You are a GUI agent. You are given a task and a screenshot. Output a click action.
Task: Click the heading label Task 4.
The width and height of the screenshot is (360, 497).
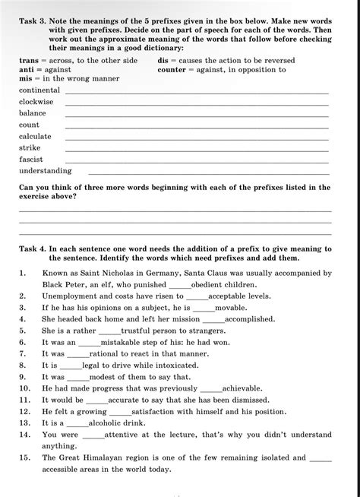click(32, 248)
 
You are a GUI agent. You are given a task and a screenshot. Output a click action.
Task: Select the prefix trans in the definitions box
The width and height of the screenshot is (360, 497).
click(29, 60)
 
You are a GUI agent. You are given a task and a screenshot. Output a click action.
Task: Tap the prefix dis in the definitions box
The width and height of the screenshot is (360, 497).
click(163, 60)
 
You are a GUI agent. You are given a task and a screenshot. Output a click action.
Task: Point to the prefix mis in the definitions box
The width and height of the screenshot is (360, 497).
click(27, 78)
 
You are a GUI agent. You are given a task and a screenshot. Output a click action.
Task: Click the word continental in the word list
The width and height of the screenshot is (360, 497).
click(39, 90)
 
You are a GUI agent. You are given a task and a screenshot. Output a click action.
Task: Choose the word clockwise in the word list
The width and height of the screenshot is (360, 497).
click(36, 101)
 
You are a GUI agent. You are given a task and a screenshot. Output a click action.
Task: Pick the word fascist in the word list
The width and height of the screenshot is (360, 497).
click(32, 160)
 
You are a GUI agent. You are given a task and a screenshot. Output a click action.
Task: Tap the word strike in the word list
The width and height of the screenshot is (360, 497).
click(30, 148)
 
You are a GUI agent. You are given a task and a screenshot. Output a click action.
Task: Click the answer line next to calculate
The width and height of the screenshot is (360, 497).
click(197, 139)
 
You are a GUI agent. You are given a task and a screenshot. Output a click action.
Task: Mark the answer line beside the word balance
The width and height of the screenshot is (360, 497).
click(197, 116)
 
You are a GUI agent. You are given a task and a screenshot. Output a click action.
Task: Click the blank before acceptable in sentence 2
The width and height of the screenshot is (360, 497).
click(197, 297)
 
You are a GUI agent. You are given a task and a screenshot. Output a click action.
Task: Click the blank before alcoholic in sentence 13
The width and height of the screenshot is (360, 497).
click(77, 424)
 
